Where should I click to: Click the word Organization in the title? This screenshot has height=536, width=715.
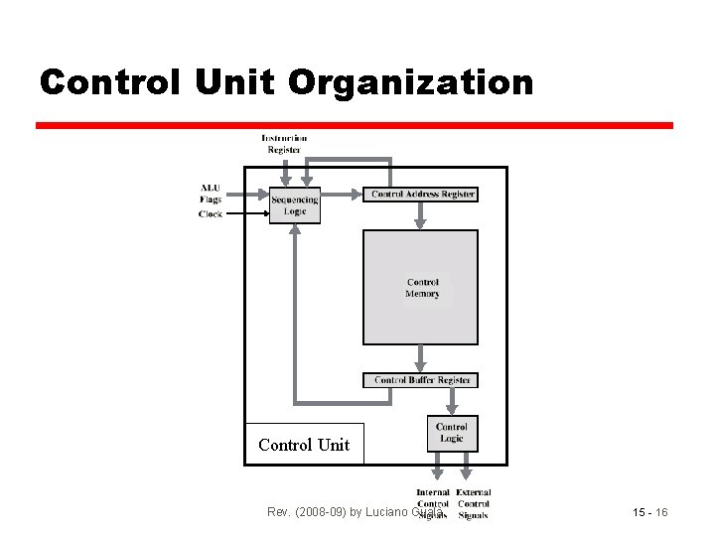[410, 82]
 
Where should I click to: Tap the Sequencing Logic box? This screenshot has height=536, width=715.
[295, 204]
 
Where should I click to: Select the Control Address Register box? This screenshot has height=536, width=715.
[422, 195]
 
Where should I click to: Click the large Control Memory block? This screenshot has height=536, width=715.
[420, 288]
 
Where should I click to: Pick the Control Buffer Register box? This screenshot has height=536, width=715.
[422, 380]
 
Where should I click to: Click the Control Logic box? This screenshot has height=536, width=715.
[451, 433]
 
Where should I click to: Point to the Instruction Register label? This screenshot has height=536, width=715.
[284, 144]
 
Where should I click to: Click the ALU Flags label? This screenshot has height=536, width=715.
[211, 193]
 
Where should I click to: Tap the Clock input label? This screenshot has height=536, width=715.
[211, 214]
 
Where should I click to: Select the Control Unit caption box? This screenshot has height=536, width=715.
[304, 445]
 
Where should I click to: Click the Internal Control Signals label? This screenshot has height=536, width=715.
[432, 503]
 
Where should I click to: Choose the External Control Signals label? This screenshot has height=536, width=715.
[474, 503]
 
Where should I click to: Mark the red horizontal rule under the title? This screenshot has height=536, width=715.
[355, 125]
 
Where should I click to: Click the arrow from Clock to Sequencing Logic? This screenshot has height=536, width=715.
[247, 213]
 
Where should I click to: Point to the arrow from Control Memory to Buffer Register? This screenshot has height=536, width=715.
[421, 358]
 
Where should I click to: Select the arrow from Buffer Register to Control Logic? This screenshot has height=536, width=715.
[452, 400]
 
